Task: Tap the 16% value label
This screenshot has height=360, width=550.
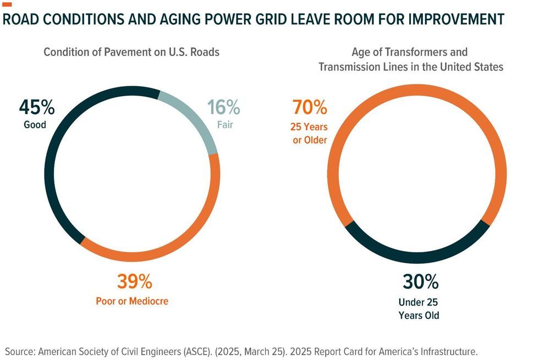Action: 224,107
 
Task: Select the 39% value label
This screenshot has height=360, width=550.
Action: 134,282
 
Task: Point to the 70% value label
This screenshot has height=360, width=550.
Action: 310,107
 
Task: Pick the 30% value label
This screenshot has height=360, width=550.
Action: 421,282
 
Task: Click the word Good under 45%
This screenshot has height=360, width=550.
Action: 35,125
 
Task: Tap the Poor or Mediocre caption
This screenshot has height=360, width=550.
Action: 132,301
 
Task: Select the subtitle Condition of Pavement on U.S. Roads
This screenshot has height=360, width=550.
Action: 131,52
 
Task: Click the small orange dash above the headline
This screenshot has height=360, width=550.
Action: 7,5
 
